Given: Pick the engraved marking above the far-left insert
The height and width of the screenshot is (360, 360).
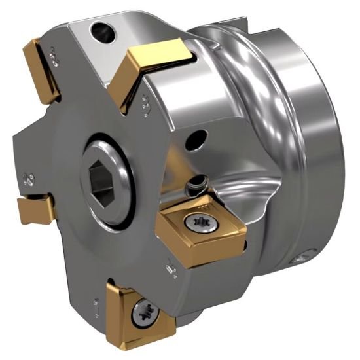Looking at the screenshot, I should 28,178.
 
